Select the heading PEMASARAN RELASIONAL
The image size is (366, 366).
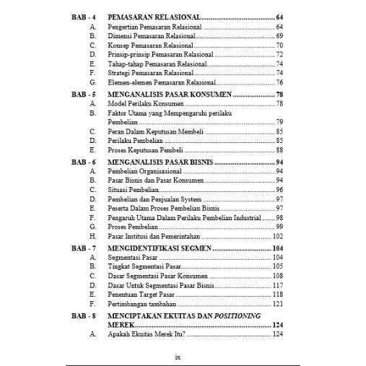153,16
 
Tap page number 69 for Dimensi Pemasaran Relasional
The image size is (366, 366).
279,35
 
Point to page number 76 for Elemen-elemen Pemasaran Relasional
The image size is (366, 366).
279,82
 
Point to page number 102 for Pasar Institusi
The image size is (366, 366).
277,236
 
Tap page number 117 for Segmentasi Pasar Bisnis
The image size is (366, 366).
277,285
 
